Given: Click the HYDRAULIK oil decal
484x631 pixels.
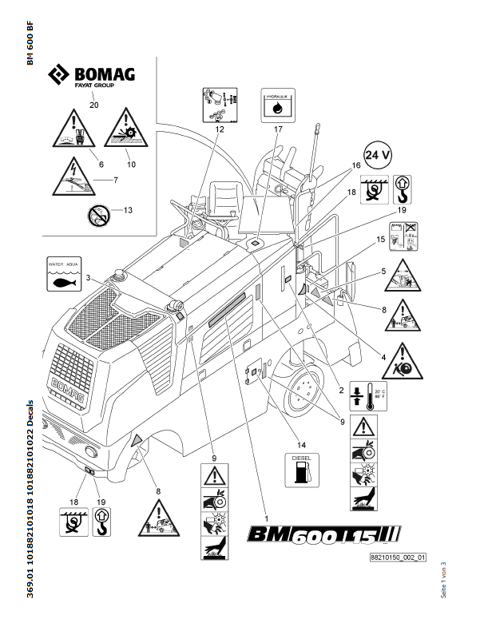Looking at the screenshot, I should [277, 106].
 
